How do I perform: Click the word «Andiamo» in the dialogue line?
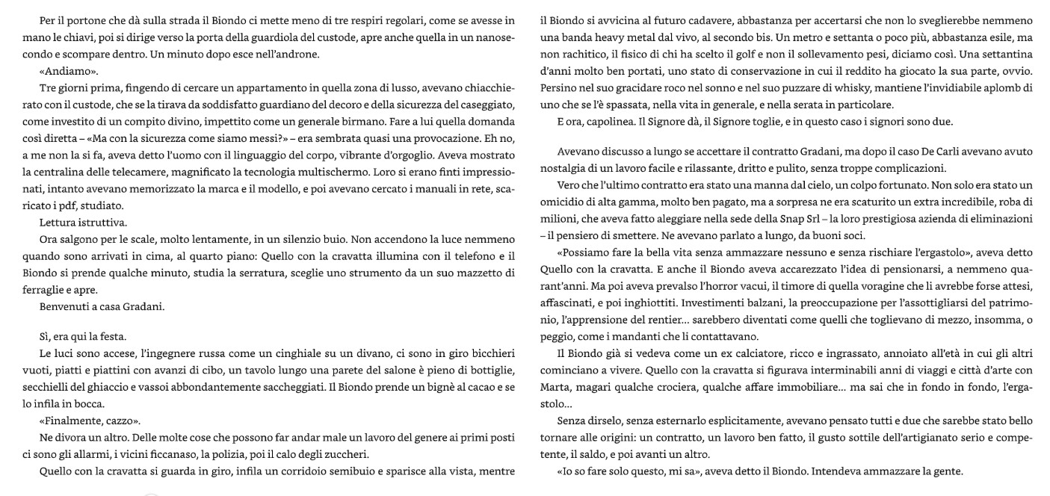[69, 71]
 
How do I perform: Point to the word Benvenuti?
[63, 306]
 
